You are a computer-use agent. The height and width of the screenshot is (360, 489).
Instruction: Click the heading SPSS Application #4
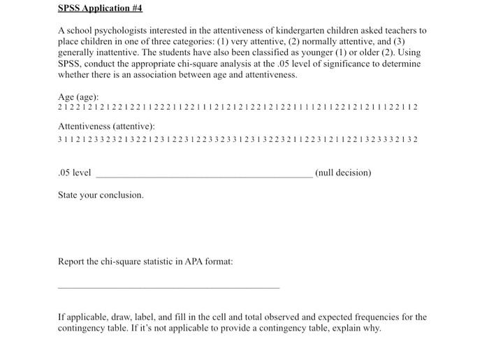coord(100,9)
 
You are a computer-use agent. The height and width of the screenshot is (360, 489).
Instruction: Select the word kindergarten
coord(302,31)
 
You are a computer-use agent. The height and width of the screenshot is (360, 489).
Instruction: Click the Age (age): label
coord(78,96)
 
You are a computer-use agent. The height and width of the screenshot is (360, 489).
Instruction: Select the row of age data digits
coord(238,107)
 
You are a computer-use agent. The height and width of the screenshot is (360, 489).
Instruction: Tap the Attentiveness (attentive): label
coord(106,127)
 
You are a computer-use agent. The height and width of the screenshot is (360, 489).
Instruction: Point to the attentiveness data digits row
coord(238,139)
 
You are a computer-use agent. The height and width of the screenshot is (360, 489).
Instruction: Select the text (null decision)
coord(343,173)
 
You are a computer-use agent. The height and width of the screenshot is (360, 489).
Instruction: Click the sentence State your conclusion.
coord(101,195)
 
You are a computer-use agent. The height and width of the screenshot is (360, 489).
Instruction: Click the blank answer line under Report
coord(168,287)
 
